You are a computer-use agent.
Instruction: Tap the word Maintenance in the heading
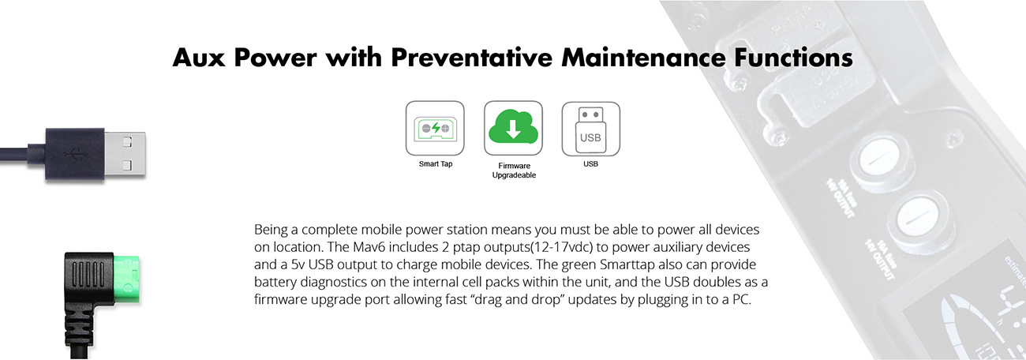(643, 58)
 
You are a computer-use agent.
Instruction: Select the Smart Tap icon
(435, 129)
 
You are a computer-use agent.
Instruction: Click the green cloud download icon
(514, 127)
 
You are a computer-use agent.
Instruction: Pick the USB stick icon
(590, 129)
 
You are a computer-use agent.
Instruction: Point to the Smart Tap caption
(435, 164)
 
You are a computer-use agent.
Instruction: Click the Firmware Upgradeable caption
(514, 171)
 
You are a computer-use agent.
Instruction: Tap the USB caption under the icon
(590, 164)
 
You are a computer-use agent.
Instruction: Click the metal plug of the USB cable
(125, 153)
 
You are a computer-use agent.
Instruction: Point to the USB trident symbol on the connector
(76, 155)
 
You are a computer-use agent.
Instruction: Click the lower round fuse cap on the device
(919, 216)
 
